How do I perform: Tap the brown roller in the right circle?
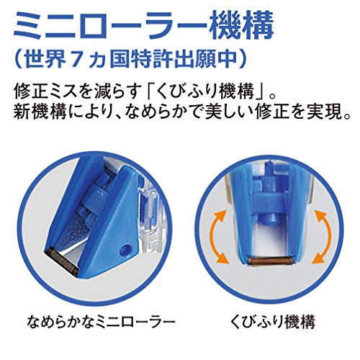tap(271, 261)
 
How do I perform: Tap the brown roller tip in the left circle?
tap(60, 261)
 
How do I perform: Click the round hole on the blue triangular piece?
tap(125, 250)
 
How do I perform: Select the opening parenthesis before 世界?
tap(18, 59)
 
